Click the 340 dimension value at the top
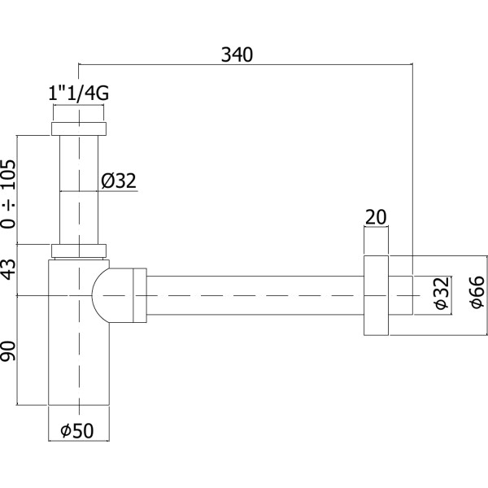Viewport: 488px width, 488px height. tap(237, 54)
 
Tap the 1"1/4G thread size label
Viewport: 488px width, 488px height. tap(79, 94)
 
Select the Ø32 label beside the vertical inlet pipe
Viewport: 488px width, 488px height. tap(120, 181)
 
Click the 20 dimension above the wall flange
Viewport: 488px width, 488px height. tap(376, 217)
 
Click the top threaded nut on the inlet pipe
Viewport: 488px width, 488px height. tap(80, 129)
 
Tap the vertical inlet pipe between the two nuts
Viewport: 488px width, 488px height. tap(80, 163)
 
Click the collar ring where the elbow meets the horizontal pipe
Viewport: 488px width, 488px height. tap(139, 294)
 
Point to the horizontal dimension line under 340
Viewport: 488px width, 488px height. tap(244, 63)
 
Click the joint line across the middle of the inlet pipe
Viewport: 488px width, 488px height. tap(80, 191)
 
